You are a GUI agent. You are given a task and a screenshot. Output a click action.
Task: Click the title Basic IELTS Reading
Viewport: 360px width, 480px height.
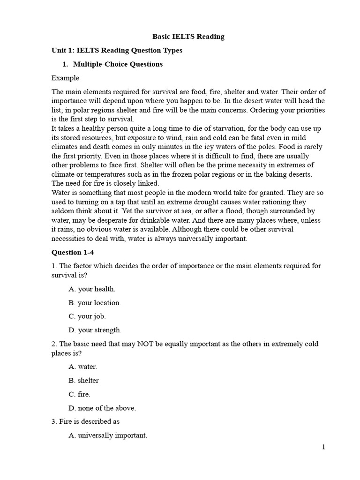(188, 37)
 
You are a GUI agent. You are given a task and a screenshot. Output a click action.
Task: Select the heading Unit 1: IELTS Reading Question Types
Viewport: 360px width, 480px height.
(117, 51)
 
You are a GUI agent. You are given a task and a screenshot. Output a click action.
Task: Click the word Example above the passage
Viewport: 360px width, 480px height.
(65, 78)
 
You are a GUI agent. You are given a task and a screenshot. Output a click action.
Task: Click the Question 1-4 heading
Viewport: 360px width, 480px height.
(73, 252)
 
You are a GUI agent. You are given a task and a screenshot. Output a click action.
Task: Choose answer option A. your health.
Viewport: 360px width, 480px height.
(92, 289)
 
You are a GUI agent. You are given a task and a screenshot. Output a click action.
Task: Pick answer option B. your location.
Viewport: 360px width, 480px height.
(95, 303)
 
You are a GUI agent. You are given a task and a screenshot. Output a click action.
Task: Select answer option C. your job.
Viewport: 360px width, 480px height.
(87, 316)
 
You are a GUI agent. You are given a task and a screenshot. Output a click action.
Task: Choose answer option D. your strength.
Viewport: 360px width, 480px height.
(95, 330)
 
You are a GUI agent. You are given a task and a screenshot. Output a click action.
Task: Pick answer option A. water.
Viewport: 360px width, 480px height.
(83, 367)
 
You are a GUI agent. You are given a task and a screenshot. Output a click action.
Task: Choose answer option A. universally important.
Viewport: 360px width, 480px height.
(108, 435)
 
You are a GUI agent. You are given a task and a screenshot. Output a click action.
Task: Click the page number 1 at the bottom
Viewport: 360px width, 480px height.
(323, 447)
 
